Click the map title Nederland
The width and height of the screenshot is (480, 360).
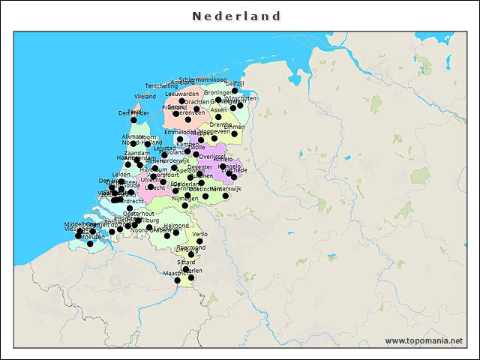236,16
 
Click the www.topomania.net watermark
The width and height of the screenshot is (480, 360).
424,340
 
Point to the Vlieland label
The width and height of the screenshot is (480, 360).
145,97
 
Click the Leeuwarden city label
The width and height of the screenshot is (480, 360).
182,94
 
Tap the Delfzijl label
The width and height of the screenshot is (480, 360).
235,83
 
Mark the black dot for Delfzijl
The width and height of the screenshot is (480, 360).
235,91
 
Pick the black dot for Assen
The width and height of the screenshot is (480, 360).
218,117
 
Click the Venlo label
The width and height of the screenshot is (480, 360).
199,234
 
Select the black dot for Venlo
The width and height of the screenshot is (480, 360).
199,241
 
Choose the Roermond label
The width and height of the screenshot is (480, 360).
190,247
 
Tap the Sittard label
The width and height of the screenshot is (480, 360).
186,262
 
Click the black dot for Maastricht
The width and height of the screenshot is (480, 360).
178,280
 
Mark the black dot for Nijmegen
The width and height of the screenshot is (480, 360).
184,205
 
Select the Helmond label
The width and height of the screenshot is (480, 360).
176,225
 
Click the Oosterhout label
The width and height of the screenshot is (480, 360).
138,214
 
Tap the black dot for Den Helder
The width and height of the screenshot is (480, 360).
133,120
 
